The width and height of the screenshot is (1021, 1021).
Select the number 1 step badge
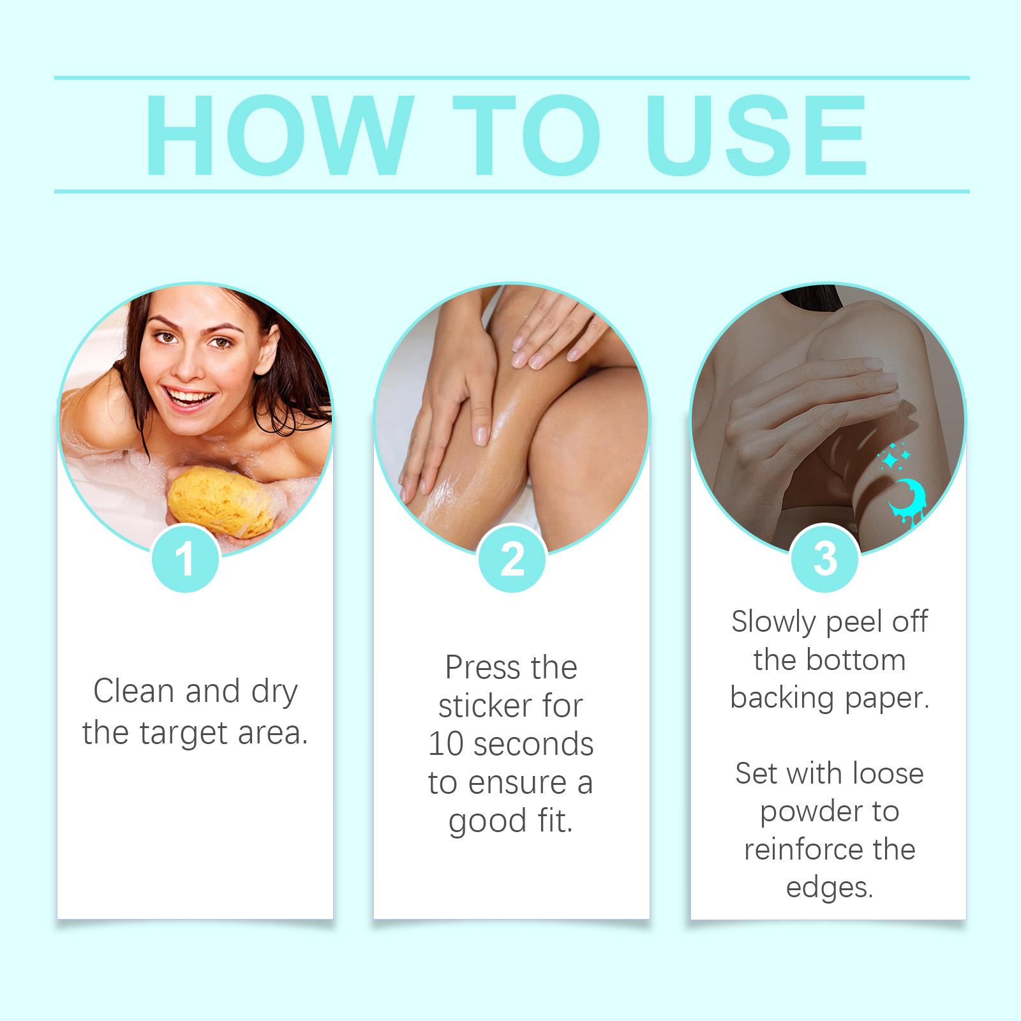pos(186,558)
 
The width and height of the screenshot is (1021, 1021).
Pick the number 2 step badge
pos(512,558)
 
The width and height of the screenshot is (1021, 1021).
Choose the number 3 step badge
pos(825,558)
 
